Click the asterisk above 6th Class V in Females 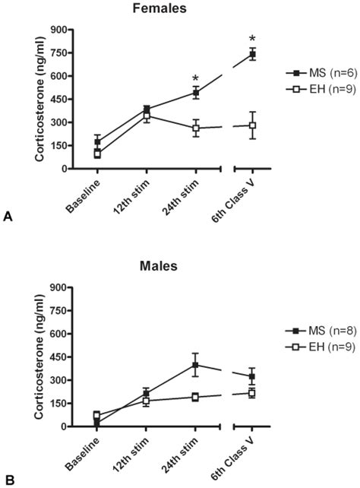252,40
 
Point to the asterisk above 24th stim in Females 195,79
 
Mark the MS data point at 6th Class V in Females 252,54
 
